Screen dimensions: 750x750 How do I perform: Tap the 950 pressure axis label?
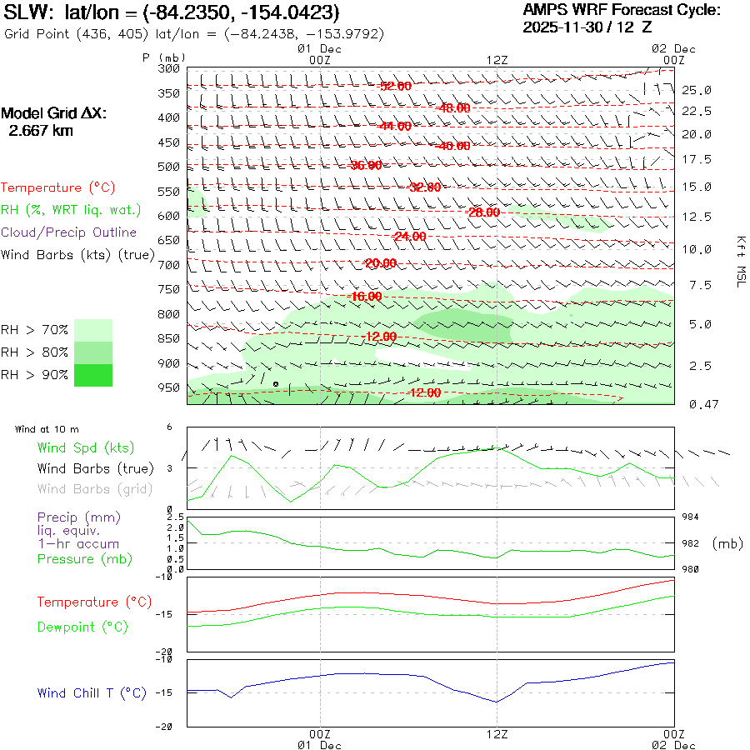pos(169,387)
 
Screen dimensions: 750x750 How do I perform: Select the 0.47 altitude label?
pos(697,404)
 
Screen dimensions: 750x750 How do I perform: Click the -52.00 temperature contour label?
pos(393,86)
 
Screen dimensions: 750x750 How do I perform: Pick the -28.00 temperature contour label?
pos(483,212)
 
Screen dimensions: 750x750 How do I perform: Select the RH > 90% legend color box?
pos(93,375)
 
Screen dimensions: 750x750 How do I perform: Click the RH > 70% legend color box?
pos(93,329)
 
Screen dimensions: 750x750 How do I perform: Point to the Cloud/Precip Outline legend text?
pos(69,232)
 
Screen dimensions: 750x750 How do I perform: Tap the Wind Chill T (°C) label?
pos(92,693)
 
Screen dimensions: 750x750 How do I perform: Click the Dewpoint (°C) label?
pos(82,627)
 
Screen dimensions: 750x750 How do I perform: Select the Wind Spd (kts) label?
pos(86,448)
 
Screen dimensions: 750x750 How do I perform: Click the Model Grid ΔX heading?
pos(54,113)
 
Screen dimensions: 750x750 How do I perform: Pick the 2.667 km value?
pos(40,131)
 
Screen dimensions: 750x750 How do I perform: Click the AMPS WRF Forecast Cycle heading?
pos(621,10)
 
